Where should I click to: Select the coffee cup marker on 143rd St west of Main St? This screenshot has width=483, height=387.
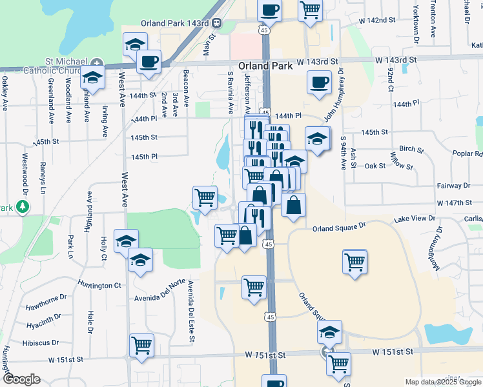pos(149,63)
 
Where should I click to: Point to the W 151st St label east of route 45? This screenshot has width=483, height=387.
pos(392,352)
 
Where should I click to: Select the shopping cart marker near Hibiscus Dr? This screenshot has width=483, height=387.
pos(141,344)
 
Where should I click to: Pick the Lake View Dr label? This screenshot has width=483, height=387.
pos(415,219)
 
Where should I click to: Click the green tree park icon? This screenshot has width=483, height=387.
pos(23,206)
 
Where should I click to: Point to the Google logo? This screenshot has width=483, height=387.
pos(21,379)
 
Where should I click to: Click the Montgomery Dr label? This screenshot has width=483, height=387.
pos(440,238)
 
